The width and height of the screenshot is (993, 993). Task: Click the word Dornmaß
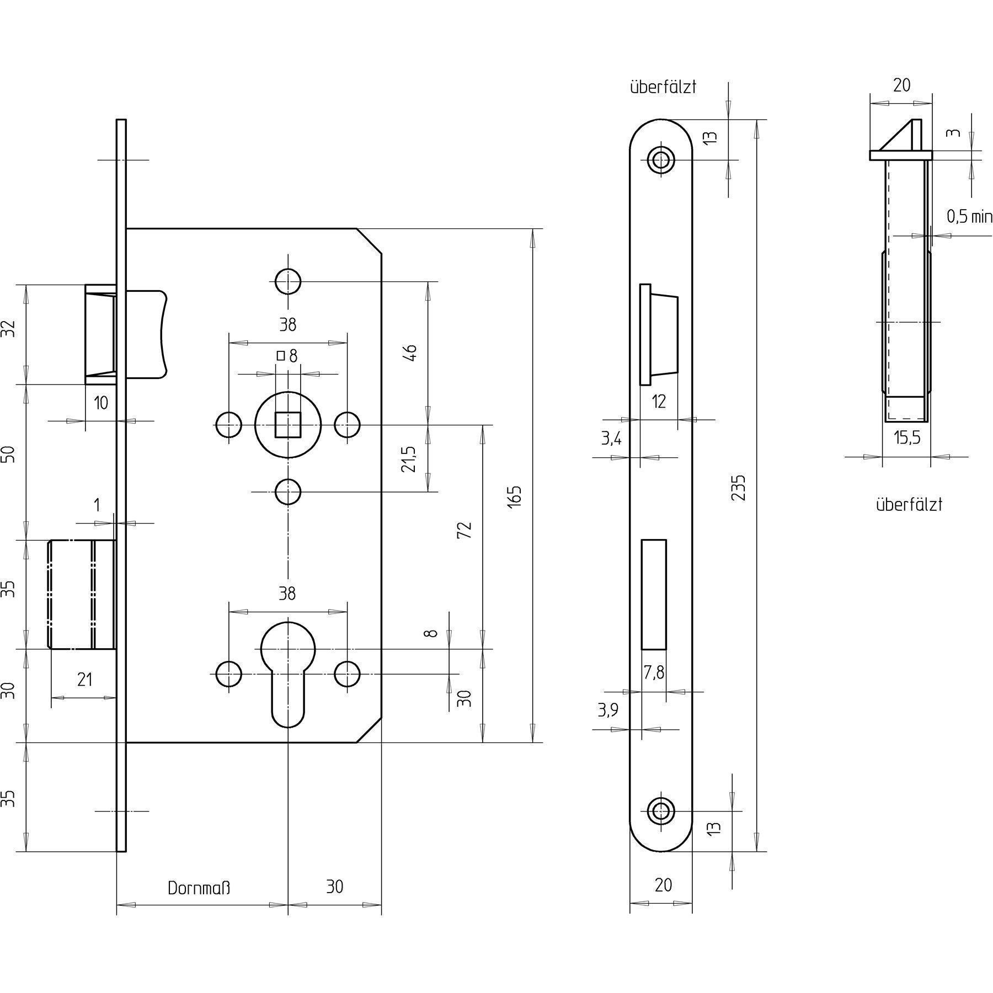(x=199, y=888)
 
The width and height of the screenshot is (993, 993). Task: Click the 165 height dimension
(x=514, y=496)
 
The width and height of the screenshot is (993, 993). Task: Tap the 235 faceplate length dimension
(x=739, y=487)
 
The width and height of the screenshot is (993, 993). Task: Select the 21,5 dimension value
(x=409, y=459)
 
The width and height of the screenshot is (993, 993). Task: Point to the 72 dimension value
(x=465, y=530)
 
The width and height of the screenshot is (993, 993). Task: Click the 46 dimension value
(x=410, y=353)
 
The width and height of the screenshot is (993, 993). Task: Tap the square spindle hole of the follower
(x=288, y=425)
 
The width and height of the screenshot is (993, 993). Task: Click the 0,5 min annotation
(x=969, y=217)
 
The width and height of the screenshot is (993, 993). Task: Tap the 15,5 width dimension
(x=907, y=438)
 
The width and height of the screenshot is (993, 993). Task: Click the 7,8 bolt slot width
(x=654, y=672)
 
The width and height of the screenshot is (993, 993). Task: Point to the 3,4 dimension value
(x=611, y=439)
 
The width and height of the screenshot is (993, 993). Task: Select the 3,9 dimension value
(x=608, y=711)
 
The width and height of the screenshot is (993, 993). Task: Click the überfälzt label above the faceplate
(x=663, y=87)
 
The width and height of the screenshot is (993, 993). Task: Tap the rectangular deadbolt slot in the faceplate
(x=654, y=595)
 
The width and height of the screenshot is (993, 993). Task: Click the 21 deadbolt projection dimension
(x=84, y=680)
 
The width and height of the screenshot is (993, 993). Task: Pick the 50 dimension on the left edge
(x=9, y=455)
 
